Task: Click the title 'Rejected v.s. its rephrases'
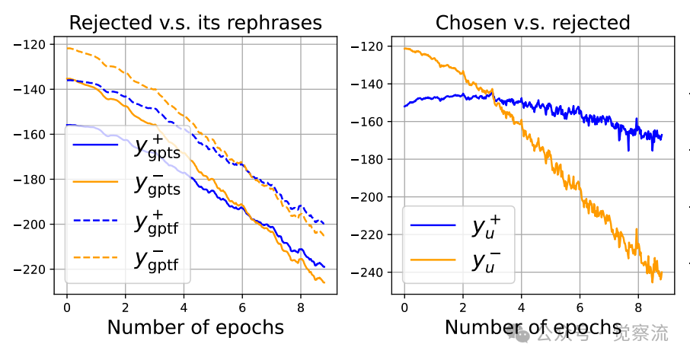click(194, 22)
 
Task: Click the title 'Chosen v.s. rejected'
click(532, 22)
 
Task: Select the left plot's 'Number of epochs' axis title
click(195, 328)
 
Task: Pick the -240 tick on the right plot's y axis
click(373, 272)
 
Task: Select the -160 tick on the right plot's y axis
click(373, 122)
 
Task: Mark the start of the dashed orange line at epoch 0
click(67, 48)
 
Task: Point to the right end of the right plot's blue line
click(662, 135)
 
